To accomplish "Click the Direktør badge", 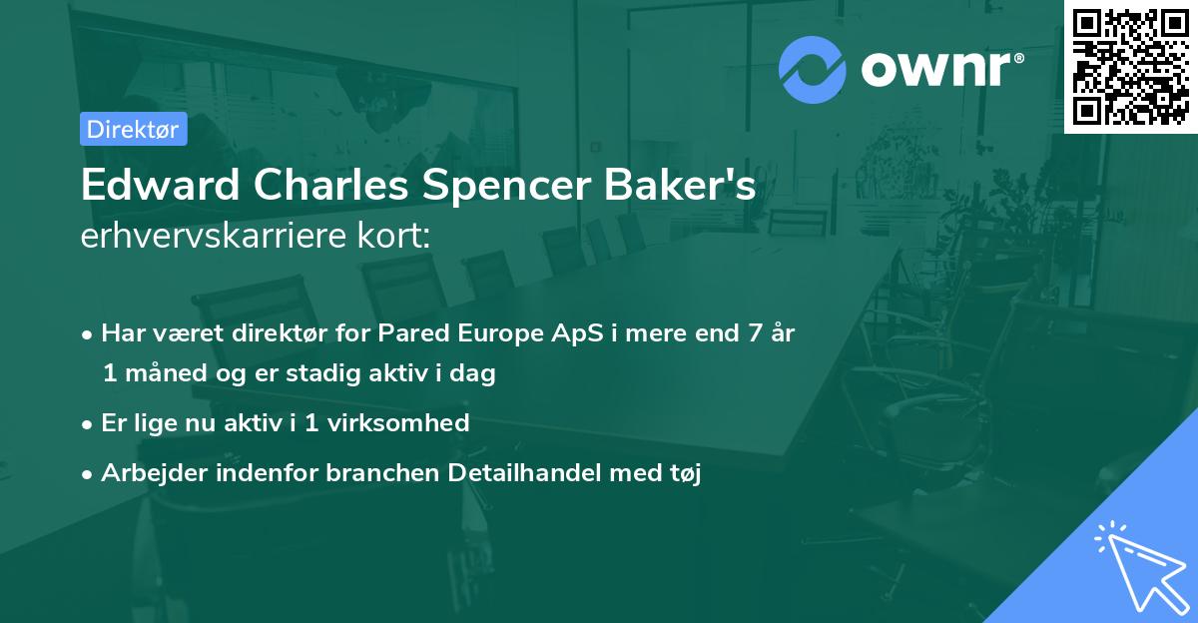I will pyautogui.click(x=134, y=129).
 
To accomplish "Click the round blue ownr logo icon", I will pyautogui.click(x=813, y=70).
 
